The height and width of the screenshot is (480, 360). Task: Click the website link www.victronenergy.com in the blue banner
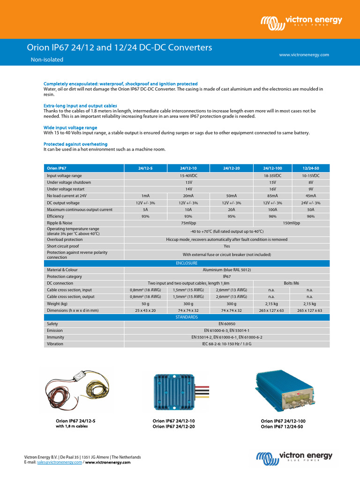coord(304,55)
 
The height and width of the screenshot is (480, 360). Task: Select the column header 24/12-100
coord(272,168)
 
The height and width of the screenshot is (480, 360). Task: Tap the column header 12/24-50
coord(310,168)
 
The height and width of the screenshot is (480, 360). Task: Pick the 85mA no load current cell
coord(272,196)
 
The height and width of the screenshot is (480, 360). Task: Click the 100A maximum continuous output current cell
coord(272,210)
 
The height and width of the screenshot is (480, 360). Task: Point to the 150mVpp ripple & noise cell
coord(291,224)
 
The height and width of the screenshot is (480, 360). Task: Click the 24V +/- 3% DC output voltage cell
coord(310,203)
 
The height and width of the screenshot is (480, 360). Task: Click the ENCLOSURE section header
coord(187,263)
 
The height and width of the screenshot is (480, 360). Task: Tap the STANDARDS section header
coord(187,317)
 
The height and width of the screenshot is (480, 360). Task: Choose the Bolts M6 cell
coord(291,283)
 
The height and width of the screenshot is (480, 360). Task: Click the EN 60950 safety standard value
coord(227,324)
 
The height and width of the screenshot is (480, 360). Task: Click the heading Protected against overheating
coord(75,144)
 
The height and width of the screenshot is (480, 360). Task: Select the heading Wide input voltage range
coord(70,127)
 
